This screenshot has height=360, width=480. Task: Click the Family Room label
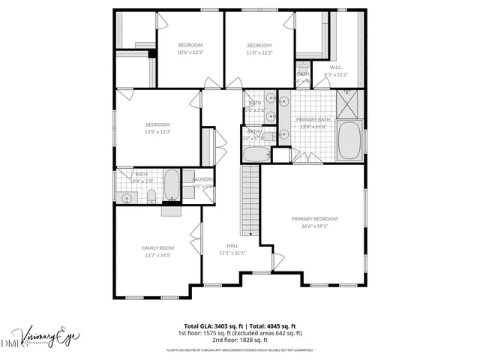click(x=157, y=247)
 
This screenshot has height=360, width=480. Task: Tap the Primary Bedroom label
click(x=314, y=219)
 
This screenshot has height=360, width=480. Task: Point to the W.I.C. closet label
click(x=336, y=67)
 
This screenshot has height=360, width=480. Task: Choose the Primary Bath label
click(x=313, y=119)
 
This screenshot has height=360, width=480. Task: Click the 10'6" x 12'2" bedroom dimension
click(x=190, y=52)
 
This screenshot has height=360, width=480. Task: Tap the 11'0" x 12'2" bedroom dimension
click(x=259, y=52)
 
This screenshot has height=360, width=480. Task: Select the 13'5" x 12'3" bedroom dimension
click(x=157, y=131)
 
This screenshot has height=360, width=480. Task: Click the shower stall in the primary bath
click(x=346, y=106)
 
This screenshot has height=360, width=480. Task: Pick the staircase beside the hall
click(x=249, y=201)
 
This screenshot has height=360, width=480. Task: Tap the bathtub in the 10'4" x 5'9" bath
click(x=172, y=185)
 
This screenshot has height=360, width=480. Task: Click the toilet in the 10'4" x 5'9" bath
click(x=151, y=197)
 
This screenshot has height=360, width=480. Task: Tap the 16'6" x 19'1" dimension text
click(x=314, y=226)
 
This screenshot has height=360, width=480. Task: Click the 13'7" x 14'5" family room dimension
click(x=157, y=255)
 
